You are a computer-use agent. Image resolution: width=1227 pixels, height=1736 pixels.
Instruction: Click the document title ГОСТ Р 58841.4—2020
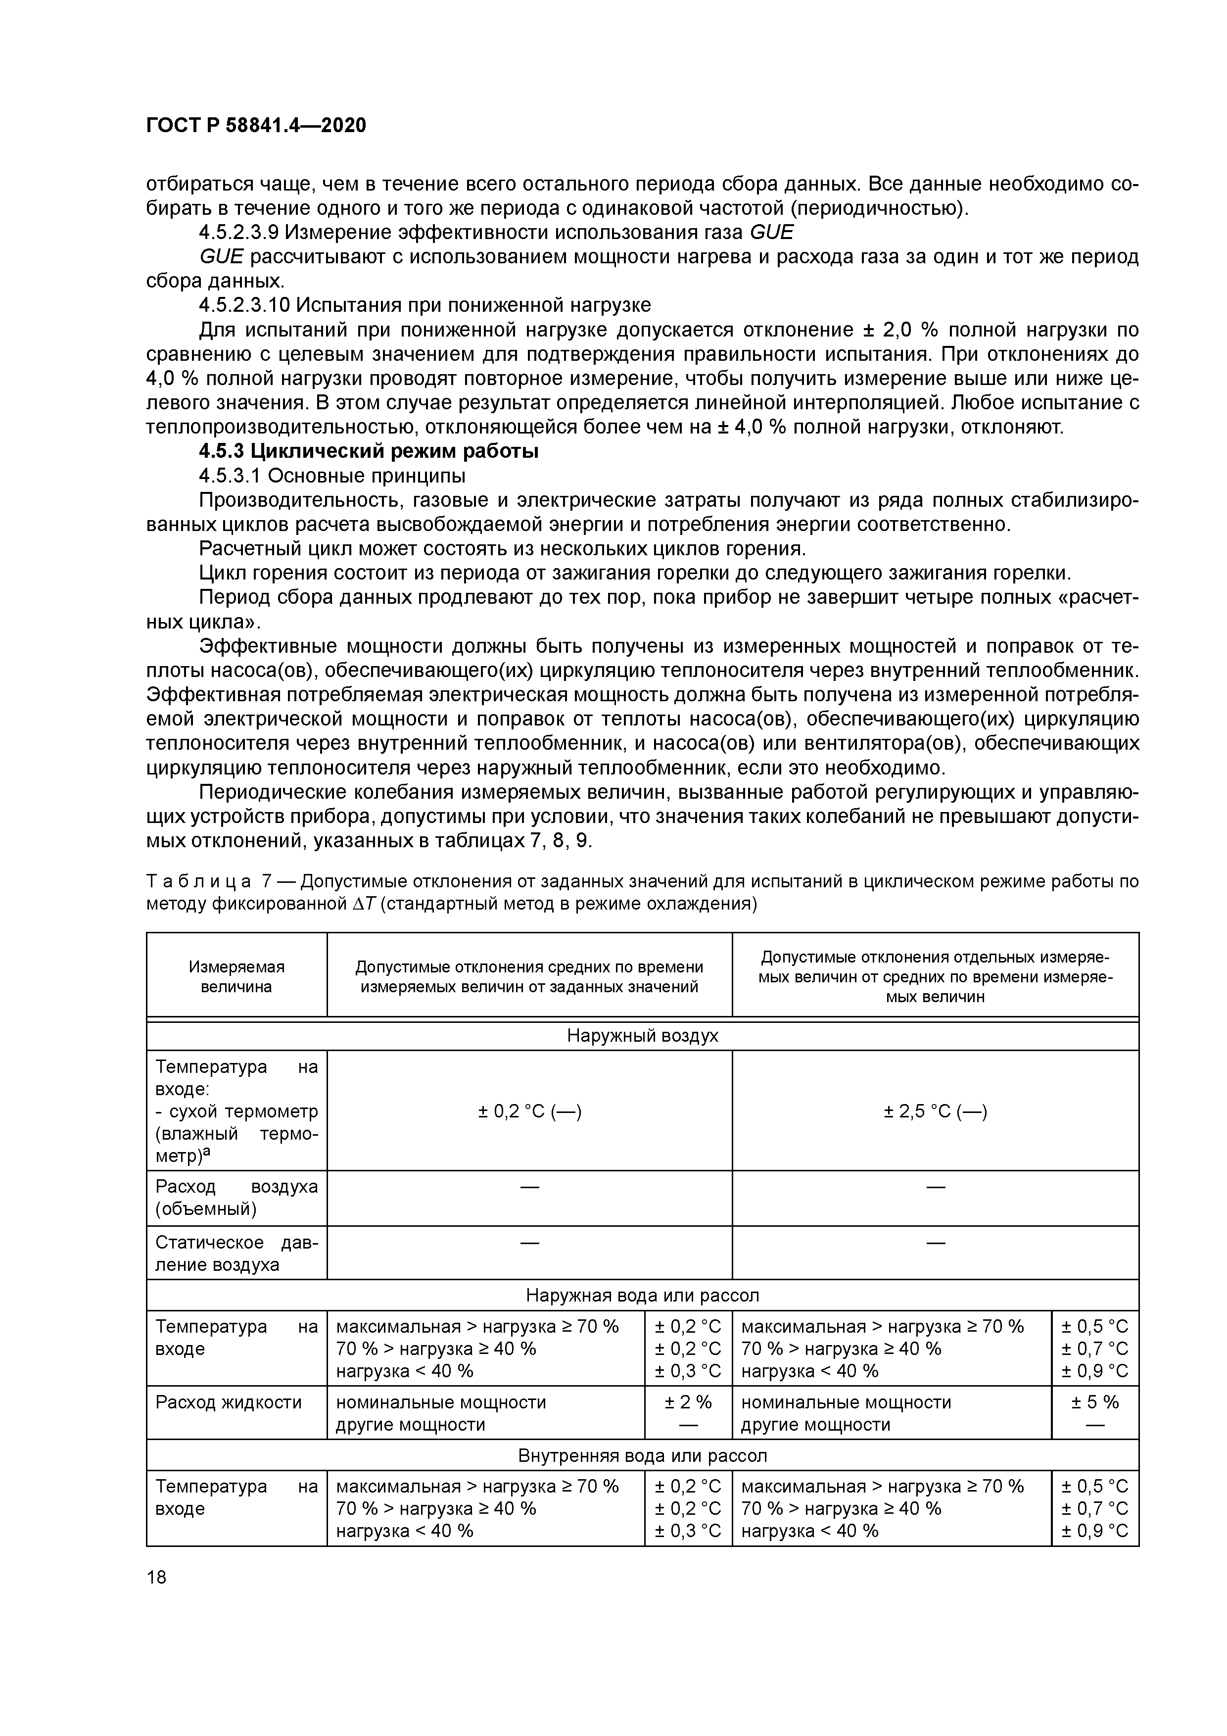pyautogui.click(x=255, y=126)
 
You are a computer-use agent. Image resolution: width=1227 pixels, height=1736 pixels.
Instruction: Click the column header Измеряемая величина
pyautogui.click(x=236, y=976)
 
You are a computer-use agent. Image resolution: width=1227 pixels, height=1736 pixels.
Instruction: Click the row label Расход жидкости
pyautogui.click(x=228, y=1402)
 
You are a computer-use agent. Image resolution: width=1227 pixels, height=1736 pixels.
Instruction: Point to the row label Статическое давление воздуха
pyautogui.click(x=236, y=1254)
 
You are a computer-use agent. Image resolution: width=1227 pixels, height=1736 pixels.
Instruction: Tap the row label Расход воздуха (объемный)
pyautogui.click(x=236, y=1198)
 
